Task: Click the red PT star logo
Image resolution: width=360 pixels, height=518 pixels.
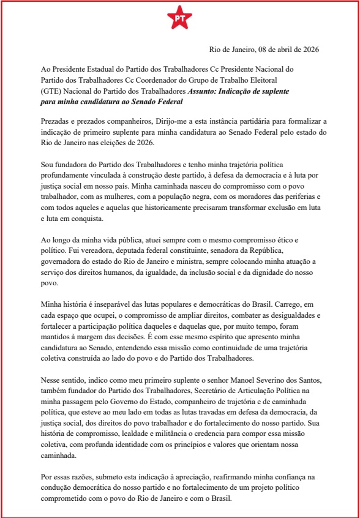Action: click(x=179, y=19)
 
